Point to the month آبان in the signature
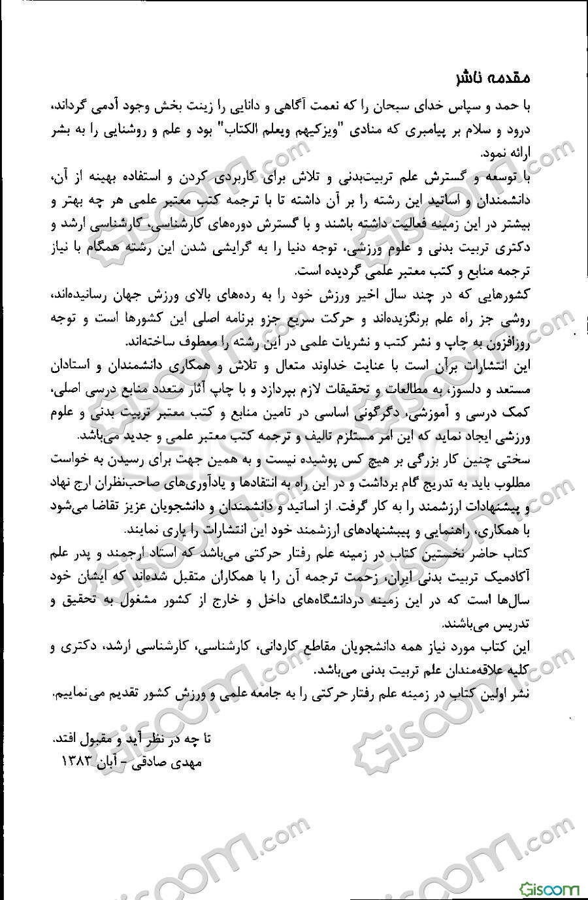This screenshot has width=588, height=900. tap(114, 762)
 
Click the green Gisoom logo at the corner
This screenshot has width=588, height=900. tap(550, 889)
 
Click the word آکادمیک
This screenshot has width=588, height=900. tap(512, 578)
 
